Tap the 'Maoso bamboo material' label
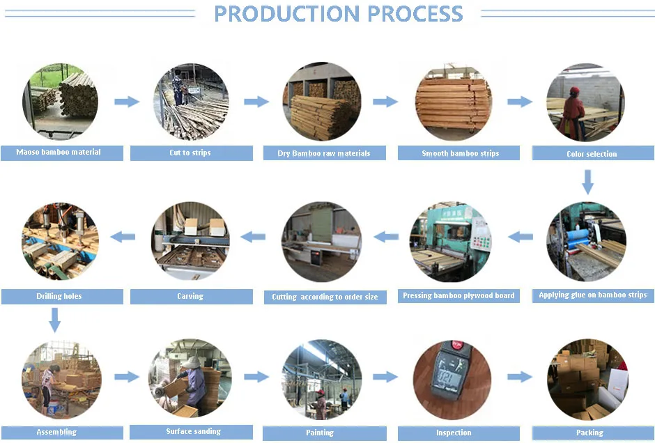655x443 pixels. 59,152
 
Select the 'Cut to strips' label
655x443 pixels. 190,153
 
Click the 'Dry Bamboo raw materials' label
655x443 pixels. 324,153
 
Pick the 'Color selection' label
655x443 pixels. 592,154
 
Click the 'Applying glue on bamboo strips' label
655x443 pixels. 592,295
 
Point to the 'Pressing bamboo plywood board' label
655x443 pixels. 458,296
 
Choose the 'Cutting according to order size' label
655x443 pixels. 325,297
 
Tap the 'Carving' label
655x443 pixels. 190,296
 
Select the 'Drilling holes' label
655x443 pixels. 59,296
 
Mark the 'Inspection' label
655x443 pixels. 454,433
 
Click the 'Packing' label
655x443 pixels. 589,433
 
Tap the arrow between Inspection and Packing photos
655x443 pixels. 519,377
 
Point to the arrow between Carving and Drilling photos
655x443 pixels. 123,237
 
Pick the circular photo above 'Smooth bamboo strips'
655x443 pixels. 454,102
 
